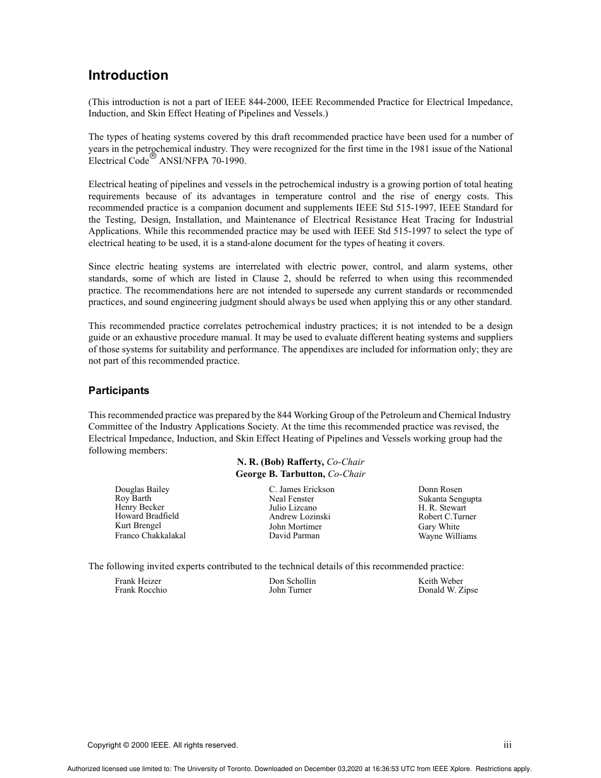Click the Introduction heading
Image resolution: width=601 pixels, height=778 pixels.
click(128, 75)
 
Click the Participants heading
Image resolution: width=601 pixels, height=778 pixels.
click(119, 390)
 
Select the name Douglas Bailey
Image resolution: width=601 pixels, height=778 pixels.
click(142, 490)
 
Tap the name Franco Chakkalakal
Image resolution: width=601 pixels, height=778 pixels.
click(150, 536)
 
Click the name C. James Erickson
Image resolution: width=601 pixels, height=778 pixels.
click(301, 490)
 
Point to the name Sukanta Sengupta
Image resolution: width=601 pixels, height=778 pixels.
click(449, 499)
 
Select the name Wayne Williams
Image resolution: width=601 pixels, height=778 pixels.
click(447, 536)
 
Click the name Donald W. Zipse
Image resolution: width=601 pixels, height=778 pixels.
click(447, 590)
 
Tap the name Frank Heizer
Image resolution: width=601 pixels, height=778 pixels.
click(138, 581)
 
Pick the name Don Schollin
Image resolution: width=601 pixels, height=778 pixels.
click(292, 581)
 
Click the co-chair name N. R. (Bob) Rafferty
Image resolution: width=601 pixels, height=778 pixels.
click(280, 462)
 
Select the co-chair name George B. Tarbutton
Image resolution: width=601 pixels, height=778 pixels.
click(280, 474)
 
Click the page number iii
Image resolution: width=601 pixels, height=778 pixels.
click(507, 745)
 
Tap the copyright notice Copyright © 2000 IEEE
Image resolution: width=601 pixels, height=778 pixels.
click(163, 745)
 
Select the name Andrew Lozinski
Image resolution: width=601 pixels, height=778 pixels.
click(299, 517)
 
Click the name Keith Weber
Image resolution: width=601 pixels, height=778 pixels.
click(440, 581)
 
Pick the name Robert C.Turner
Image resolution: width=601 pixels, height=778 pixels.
click(447, 517)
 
